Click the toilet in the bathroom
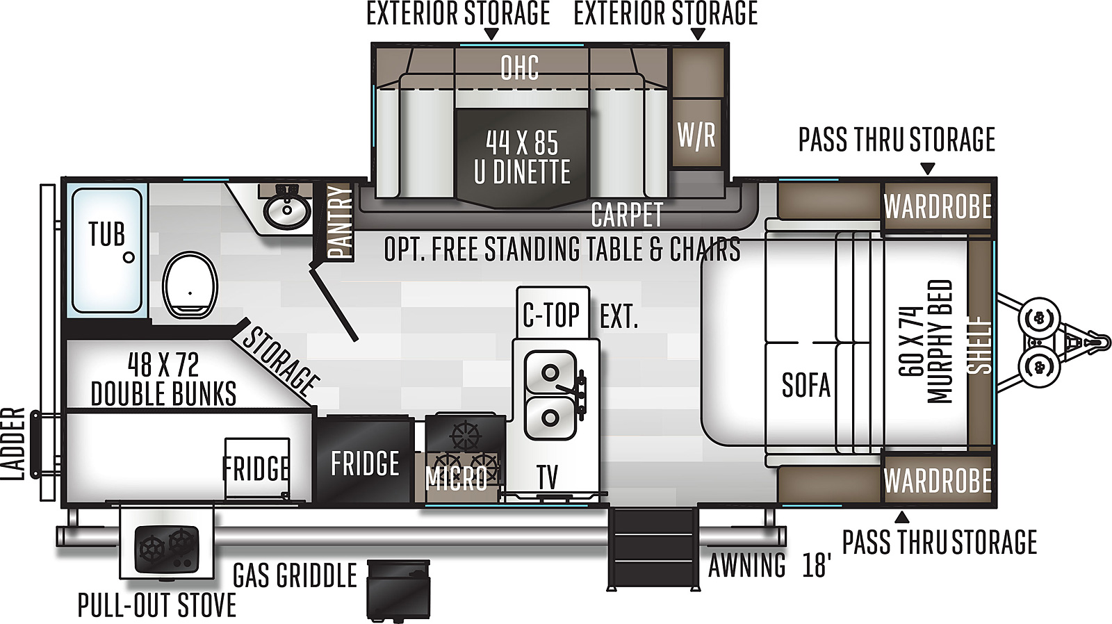[190, 285]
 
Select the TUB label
[107, 233]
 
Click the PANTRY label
[340, 222]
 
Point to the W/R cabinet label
[696, 135]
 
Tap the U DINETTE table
[522, 158]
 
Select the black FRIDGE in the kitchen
[365, 460]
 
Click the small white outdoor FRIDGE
[256, 468]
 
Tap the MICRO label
[456, 478]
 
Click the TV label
[547, 477]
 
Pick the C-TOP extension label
[580, 315]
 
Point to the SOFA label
[806, 385]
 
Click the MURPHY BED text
[940, 342]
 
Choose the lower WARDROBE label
[938, 481]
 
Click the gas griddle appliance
[398, 590]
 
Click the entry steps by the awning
[653, 548]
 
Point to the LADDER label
[13, 444]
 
